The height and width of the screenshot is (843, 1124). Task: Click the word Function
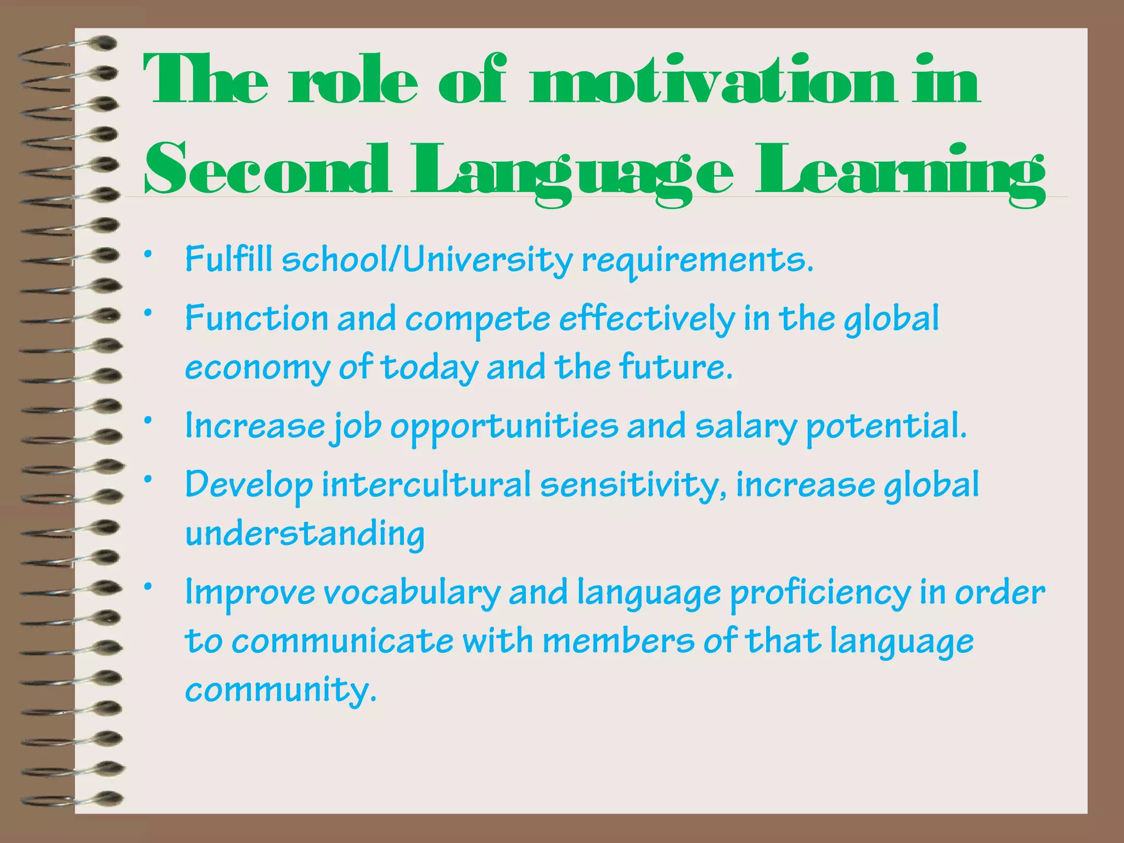pos(256,318)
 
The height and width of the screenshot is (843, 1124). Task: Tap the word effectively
pos(647,319)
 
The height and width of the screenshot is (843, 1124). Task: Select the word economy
pos(257,368)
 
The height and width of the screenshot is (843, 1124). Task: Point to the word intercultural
pos(426,485)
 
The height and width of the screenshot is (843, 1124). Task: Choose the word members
pos(618,641)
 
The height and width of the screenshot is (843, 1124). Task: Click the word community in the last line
pos(280,690)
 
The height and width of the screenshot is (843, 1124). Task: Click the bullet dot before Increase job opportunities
pos(147,421)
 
